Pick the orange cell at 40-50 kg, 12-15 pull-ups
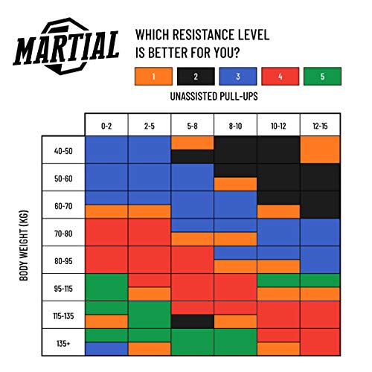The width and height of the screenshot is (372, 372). point(321,150)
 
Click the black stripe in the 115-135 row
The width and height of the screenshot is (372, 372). point(193,321)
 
